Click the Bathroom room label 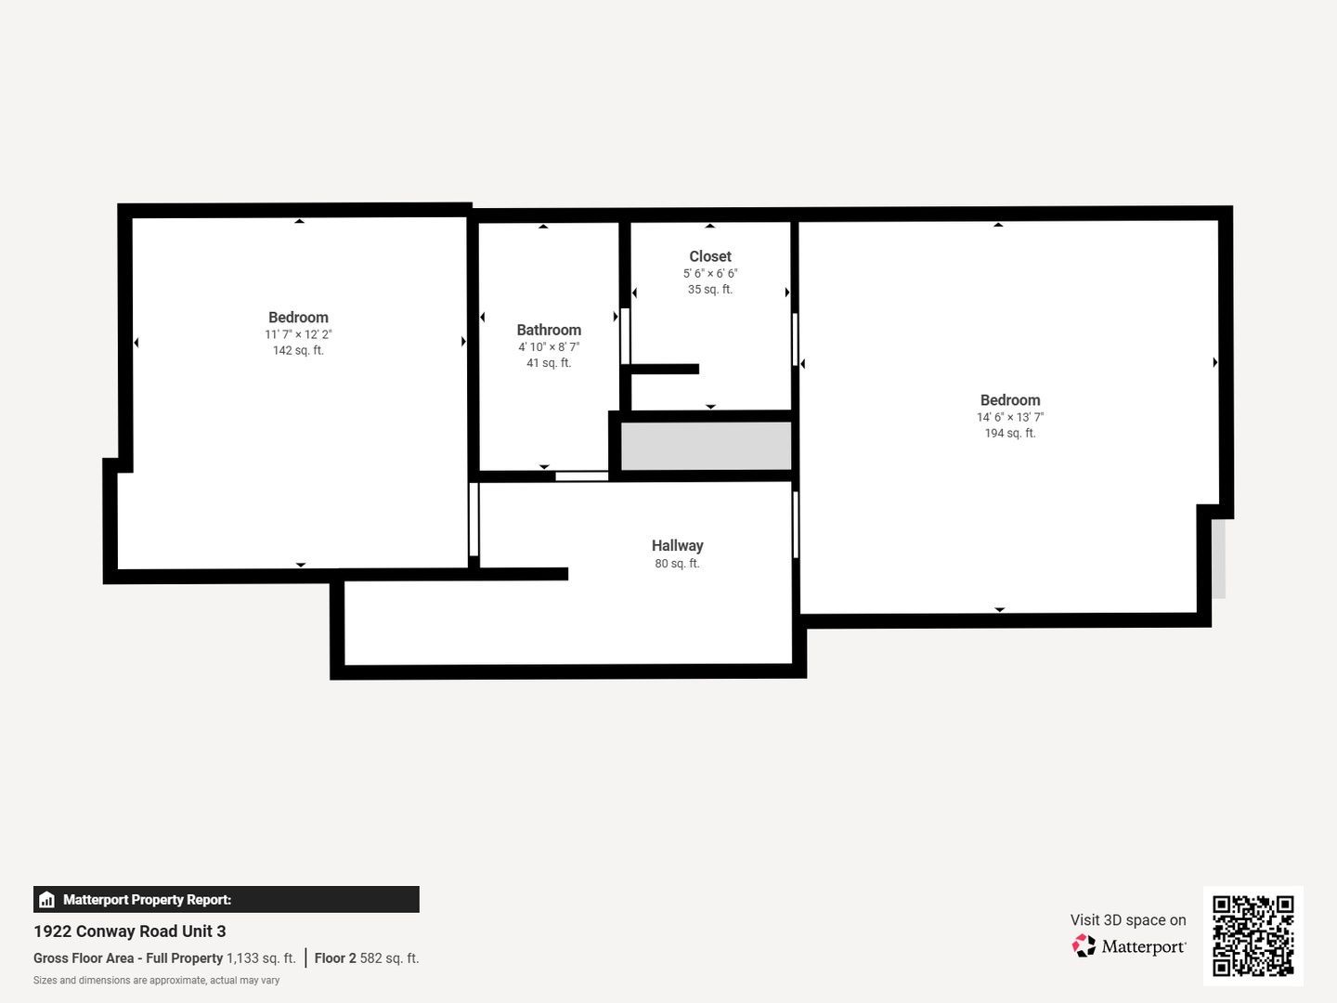pyautogui.click(x=549, y=330)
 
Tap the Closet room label pyautogui.click(x=710, y=256)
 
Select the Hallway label pyautogui.click(x=678, y=546)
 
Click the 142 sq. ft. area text pyautogui.click(x=298, y=350)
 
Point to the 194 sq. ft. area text pyautogui.click(x=1010, y=433)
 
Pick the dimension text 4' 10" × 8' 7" pyautogui.click(x=549, y=346)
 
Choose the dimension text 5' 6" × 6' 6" pyautogui.click(x=710, y=273)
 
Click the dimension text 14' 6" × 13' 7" pyautogui.click(x=1010, y=417)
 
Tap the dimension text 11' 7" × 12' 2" pyautogui.click(x=298, y=334)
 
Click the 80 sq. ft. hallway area pyautogui.click(x=678, y=564)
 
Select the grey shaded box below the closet pyautogui.click(x=706, y=447)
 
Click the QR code pyautogui.click(x=1253, y=935)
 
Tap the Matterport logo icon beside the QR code pyautogui.click(x=1084, y=945)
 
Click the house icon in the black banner pyautogui.click(x=47, y=900)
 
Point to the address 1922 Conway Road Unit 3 pyautogui.click(x=130, y=931)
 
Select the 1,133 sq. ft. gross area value pyautogui.click(x=261, y=957)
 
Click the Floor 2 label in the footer pyautogui.click(x=335, y=957)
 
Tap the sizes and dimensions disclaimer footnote pyautogui.click(x=157, y=981)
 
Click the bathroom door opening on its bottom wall pyautogui.click(x=582, y=476)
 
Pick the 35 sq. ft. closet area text pyautogui.click(x=710, y=289)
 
